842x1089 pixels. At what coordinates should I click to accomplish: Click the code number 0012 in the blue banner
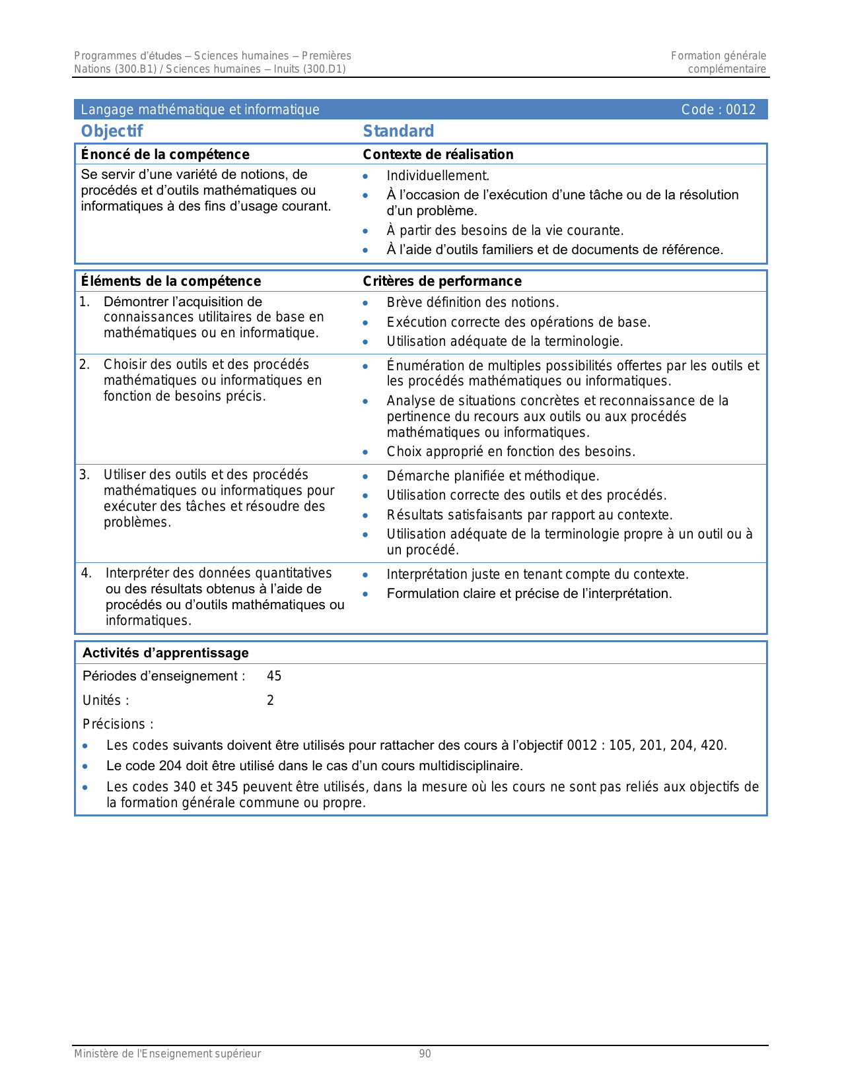pyautogui.click(x=740, y=110)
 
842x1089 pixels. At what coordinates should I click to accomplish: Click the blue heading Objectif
pyautogui.click(x=112, y=131)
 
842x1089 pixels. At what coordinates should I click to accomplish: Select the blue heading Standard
pyautogui.click(x=398, y=131)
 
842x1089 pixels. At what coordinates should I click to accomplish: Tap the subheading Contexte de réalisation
pyautogui.click(x=438, y=154)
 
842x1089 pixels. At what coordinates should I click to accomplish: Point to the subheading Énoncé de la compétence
pyautogui.click(x=165, y=154)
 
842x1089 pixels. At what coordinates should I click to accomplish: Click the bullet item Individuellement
pyautogui.click(x=438, y=176)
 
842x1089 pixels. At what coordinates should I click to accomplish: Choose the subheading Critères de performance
pyautogui.click(x=442, y=281)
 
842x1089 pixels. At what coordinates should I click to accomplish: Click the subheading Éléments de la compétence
pyautogui.click(x=170, y=281)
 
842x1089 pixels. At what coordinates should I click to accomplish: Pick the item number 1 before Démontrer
pyautogui.click(x=84, y=302)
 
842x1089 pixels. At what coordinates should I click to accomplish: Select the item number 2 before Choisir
pyautogui.click(x=84, y=364)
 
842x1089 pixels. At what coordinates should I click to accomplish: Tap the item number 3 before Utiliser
pyautogui.click(x=84, y=475)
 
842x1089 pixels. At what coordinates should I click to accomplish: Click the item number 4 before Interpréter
pyautogui.click(x=86, y=573)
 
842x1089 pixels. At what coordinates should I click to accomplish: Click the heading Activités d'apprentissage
pyautogui.click(x=165, y=653)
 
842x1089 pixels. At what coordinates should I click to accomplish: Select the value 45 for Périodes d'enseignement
pyautogui.click(x=274, y=676)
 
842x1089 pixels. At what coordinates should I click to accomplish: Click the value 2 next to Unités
pyautogui.click(x=270, y=700)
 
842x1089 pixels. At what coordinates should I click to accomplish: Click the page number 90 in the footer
pyautogui.click(x=425, y=1054)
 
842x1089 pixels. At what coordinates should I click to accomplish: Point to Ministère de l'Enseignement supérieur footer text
pyautogui.click(x=167, y=1054)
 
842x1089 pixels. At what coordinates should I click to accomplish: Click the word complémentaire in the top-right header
pyautogui.click(x=726, y=69)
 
